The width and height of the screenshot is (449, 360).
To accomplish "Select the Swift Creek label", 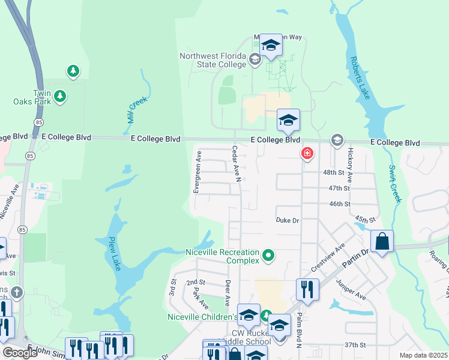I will point(394,184).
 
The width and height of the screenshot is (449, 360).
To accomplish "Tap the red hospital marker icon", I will point(307,154).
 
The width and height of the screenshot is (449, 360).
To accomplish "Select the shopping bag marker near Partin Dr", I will point(382,241).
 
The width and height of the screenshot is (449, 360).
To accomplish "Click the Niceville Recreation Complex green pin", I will point(269,256).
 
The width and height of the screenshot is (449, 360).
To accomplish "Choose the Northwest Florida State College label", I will point(213,60).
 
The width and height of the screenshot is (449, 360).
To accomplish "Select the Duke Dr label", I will point(287,220).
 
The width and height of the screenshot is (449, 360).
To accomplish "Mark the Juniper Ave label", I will point(351,289).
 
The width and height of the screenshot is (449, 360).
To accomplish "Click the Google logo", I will point(20,353).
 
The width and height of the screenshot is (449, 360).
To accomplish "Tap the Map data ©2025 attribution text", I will point(424,355).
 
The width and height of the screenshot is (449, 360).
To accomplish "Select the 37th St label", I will point(355,345).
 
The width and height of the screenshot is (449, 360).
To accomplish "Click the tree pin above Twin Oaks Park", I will point(73,71).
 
